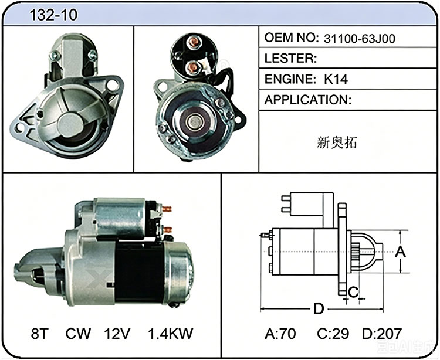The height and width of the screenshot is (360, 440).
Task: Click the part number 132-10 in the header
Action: [53, 15]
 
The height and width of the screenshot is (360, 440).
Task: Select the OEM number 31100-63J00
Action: [360, 39]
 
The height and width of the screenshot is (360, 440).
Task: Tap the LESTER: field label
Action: [290, 58]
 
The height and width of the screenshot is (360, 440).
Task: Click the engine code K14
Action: [336, 80]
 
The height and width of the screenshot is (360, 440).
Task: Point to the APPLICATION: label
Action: [308, 100]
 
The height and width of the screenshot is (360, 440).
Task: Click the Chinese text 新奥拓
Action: [337, 142]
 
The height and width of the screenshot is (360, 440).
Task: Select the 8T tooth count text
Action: [40, 334]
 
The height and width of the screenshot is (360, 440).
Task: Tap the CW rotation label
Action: [78, 334]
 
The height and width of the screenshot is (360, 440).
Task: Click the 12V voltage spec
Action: [117, 334]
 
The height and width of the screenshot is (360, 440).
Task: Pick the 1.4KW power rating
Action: [171, 334]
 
